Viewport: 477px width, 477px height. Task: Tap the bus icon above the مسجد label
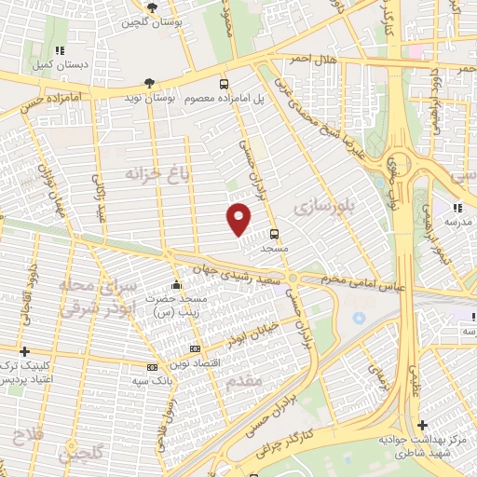pyautogui.click(x=275, y=235)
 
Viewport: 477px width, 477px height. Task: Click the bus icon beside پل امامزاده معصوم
pyautogui.click(x=223, y=85)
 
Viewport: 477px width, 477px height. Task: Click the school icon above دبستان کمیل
pyautogui.click(x=61, y=51)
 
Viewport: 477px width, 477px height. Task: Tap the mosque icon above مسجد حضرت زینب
pyautogui.click(x=176, y=285)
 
